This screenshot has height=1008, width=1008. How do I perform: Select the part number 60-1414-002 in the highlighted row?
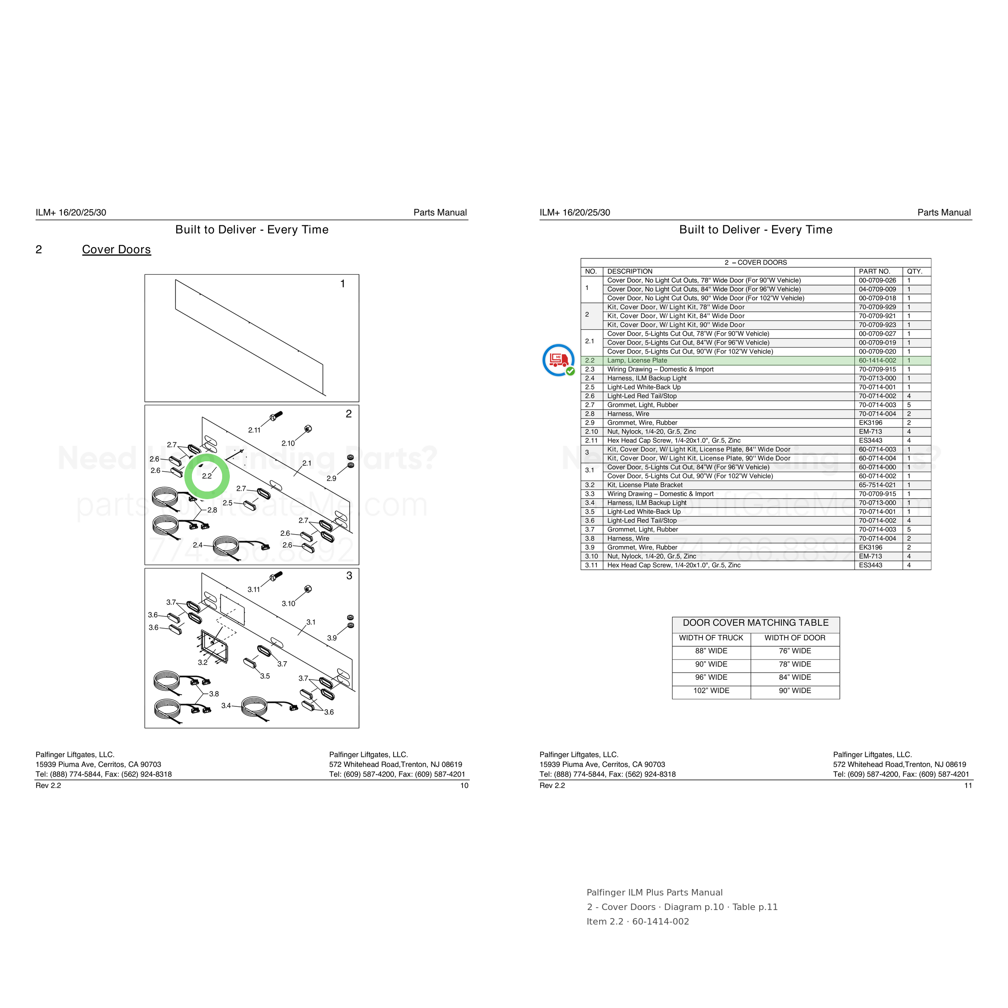878,360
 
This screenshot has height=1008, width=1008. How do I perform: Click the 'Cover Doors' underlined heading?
117,250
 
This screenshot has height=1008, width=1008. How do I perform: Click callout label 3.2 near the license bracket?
202,662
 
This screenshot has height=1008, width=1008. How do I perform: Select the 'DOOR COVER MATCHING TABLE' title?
756,623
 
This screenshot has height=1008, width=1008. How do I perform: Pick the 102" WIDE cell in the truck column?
711,691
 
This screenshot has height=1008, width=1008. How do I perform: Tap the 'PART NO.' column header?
875,271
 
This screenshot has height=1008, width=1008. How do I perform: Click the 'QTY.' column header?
914,271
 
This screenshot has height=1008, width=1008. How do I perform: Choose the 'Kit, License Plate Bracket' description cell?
645,485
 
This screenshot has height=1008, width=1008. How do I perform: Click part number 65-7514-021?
878,485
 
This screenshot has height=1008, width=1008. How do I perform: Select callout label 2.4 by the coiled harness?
198,545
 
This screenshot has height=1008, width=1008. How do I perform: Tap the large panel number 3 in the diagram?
349,575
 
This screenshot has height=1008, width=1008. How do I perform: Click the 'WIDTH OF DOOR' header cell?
795,637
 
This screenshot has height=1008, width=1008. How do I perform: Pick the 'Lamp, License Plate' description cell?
637,360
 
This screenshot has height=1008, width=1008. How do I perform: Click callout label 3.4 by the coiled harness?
226,706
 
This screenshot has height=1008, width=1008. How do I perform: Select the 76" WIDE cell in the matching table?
795,651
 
